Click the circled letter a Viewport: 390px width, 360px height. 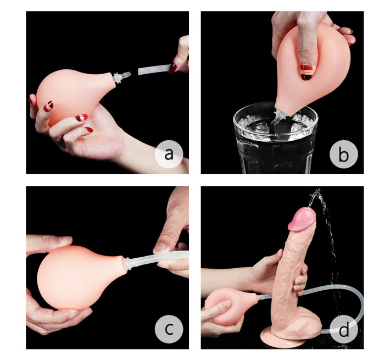click(x=169, y=154)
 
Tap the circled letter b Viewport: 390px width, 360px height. click(x=343, y=154)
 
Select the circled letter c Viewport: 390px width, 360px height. click(x=169, y=329)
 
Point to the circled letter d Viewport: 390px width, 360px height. click(x=343, y=329)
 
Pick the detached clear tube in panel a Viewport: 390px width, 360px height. click(x=154, y=70)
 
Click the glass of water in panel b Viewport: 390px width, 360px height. click(x=275, y=143)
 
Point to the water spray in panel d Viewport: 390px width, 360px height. click(x=324, y=231)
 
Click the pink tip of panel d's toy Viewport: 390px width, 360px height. click(x=300, y=218)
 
